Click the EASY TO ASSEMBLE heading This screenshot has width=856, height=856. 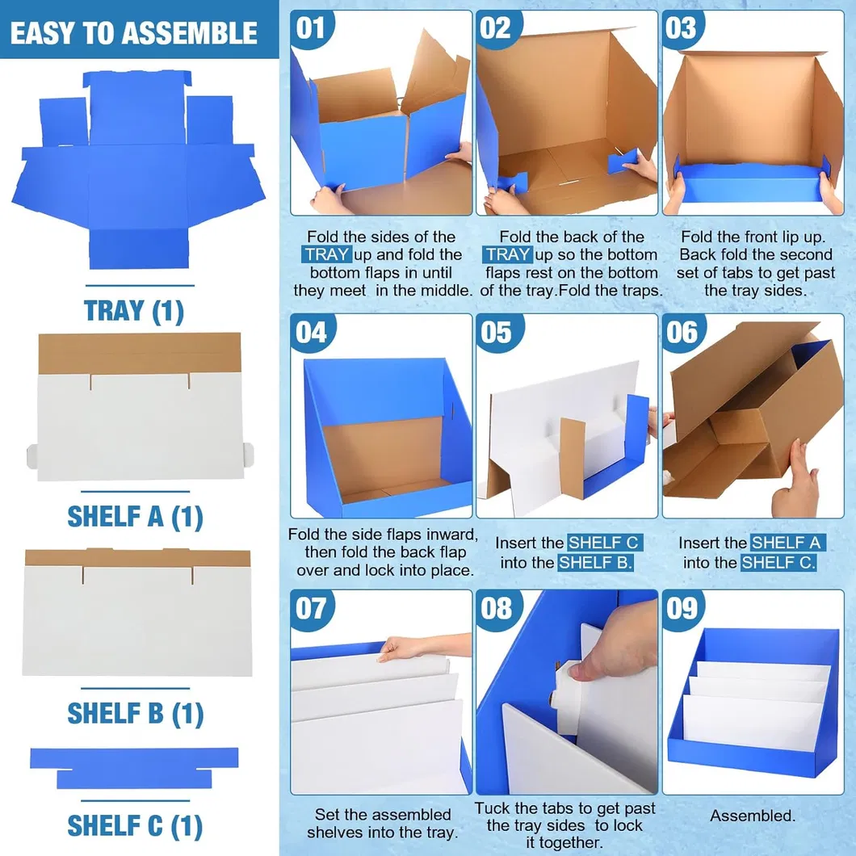[134, 33]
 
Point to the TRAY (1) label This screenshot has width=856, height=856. [134, 311]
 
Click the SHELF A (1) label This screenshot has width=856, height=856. [135, 517]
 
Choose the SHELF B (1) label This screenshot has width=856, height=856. [136, 713]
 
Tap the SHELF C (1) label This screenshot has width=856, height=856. [135, 825]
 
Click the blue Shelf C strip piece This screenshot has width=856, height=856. [134, 768]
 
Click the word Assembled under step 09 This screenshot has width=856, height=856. [753, 816]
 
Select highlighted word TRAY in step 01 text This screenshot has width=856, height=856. [326, 254]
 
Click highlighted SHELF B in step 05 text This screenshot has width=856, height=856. [595, 562]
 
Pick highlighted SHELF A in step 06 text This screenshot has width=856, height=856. [786, 543]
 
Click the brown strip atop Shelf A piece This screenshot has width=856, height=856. [140, 353]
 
